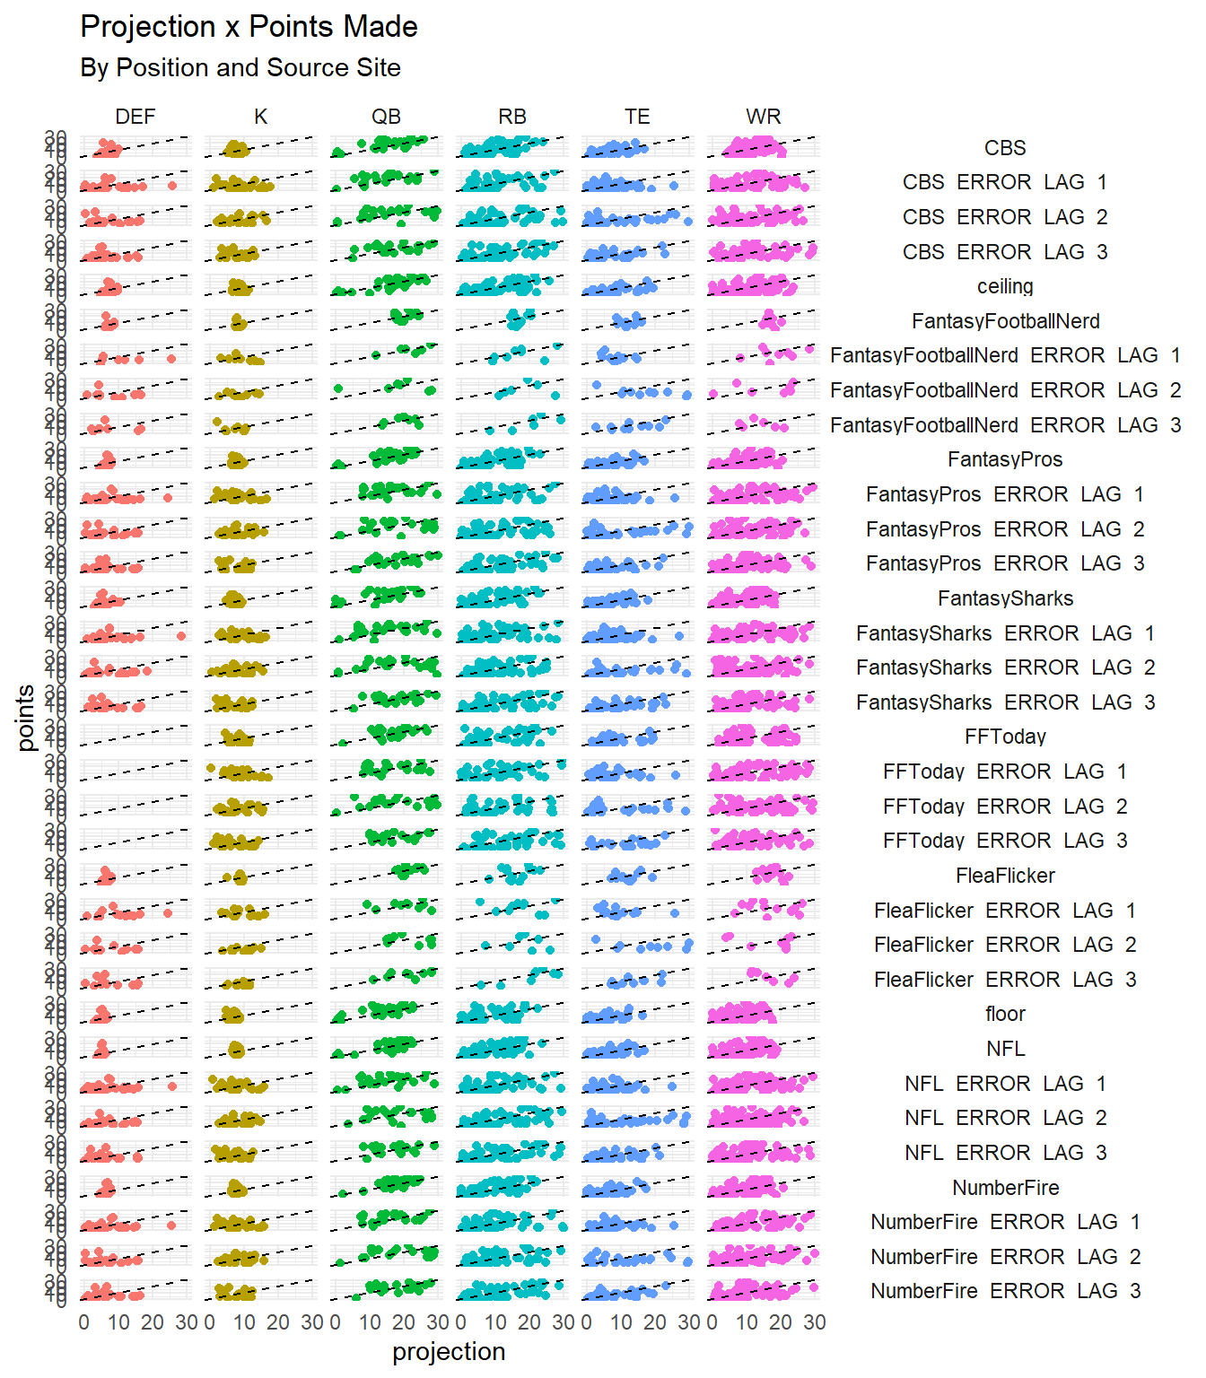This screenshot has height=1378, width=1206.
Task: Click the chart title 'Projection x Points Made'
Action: click(x=249, y=27)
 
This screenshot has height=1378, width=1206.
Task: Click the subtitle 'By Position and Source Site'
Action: click(x=240, y=68)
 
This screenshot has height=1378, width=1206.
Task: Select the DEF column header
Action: click(x=135, y=117)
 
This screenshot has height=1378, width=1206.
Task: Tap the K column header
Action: click(x=260, y=117)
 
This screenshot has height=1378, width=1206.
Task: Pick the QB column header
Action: click(x=386, y=117)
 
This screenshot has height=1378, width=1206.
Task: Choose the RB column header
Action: click(x=512, y=117)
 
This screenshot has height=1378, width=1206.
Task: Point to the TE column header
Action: click(x=637, y=117)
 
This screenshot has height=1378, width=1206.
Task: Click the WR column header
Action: click(x=763, y=117)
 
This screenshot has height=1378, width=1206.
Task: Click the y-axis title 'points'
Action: click(x=25, y=718)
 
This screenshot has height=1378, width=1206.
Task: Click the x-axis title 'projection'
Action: click(x=449, y=1352)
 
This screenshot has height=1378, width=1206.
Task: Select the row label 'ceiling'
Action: click(x=1005, y=286)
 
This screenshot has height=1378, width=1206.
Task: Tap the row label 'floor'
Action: click(x=1005, y=1014)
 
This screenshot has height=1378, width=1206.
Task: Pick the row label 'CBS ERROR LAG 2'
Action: click(x=1005, y=217)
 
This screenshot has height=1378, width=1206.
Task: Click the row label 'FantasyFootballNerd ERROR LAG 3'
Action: click(x=1005, y=425)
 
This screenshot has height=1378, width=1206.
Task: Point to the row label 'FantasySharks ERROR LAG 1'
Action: click(x=1005, y=633)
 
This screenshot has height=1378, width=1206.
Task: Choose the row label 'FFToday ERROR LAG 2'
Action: click(x=1005, y=807)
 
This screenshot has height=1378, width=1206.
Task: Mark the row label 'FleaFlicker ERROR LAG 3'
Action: click(x=1005, y=980)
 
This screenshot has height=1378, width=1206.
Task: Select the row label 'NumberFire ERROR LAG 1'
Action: click(x=1005, y=1222)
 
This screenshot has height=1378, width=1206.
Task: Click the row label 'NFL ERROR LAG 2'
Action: click(x=1005, y=1118)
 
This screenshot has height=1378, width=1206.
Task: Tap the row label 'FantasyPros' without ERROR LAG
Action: click(x=1005, y=459)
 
